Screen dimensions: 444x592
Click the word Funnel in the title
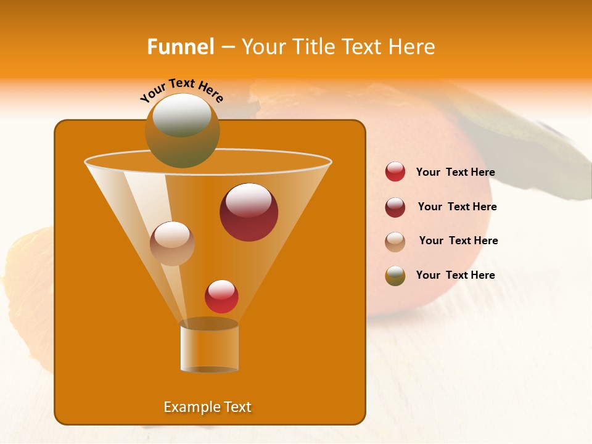click(x=180, y=47)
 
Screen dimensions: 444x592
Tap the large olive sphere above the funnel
click(x=182, y=131)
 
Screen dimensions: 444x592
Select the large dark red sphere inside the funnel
click(x=249, y=212)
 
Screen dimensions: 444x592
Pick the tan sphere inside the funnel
click(x=172, y=244)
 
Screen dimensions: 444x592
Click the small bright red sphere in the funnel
click(x=221, y=297)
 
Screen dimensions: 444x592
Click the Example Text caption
click(x=207, y=407)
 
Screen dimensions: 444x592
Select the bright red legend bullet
click(x=395, y=172)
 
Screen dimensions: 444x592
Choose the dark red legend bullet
click(x=395, y=207)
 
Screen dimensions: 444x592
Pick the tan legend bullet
click(x=395, y=242)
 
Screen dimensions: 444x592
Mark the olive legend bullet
click(x=395, y=276)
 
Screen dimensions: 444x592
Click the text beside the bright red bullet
click(x=455, y=172)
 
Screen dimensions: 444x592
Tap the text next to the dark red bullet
click(x=457, y=207)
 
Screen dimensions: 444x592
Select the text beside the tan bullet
click(x=458, y=240)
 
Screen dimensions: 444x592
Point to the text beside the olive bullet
click(x=455, y=275)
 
